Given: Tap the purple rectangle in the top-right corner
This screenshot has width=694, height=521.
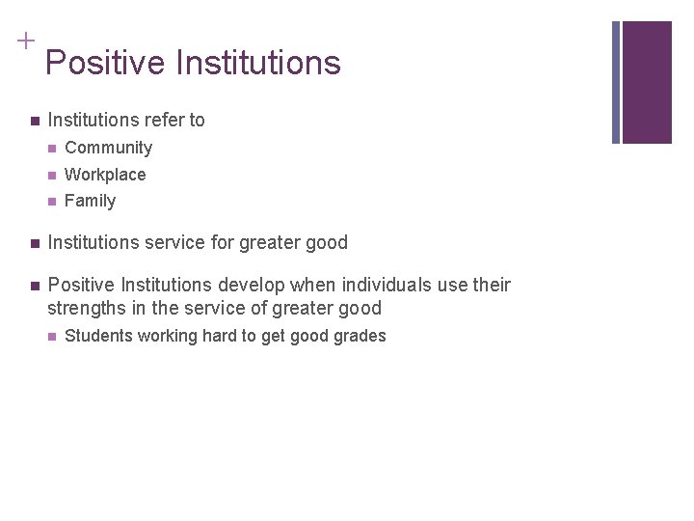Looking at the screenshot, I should tap(647, 82).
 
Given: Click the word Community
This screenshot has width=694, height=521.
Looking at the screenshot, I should tap(108, 148).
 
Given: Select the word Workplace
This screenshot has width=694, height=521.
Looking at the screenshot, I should tap(105, 175).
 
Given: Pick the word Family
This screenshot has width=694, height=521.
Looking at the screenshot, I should tap(90, 201).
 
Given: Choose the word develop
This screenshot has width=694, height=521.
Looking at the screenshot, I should tap(248, 285).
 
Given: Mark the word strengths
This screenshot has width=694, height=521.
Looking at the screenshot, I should tap(87, 309).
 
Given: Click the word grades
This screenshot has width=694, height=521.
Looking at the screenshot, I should tap(360, 336).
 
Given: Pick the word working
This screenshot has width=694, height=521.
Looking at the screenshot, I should tap(167, 336).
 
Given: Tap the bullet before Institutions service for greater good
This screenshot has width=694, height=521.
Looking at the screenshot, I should tap(34, 243).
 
